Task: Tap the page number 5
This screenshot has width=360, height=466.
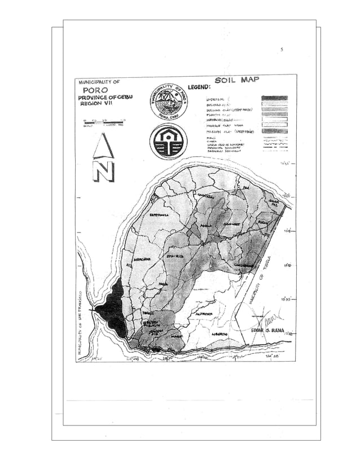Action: coord(281,50)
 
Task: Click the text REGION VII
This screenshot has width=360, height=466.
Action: coord(97,104)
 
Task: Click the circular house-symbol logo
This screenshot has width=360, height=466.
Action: coord(168,141)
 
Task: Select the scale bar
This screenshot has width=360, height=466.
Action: coord(103,121)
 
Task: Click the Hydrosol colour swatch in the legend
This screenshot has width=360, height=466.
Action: coord(274,98)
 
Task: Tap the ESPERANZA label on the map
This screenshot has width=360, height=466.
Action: coord(160,215)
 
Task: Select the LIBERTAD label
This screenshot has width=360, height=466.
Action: coord(219,334)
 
